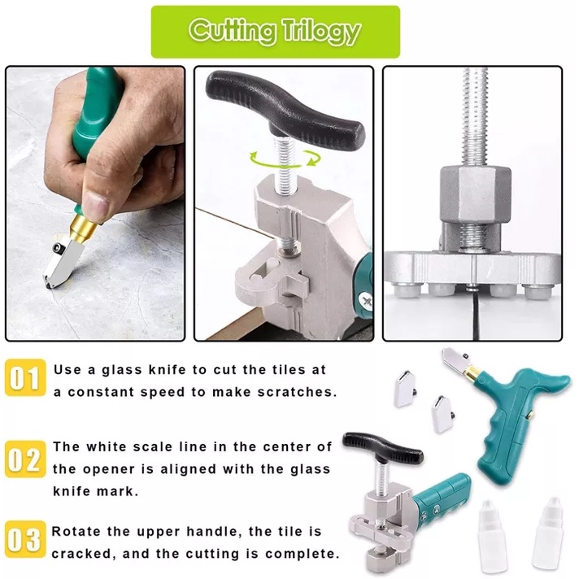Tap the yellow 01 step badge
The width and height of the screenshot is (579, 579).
pyautogui.click(x=25, y=377)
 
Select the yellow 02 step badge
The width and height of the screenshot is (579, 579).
pyautogui.click(x=25, y=459)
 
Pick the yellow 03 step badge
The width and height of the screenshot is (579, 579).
pyautogui.click(x=25, y=539)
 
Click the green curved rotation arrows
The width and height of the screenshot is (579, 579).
pyautogui.click(x=285, y=159)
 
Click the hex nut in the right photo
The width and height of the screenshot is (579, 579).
pyautogui.click(x=476, y=194)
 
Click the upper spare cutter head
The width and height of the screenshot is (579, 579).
pyautogui.click(x=406, y=390)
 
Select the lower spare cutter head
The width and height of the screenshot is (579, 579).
pyautogui.click(x=442, y=414)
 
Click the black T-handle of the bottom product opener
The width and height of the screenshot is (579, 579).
pyautogui.click(x=382, y=447)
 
